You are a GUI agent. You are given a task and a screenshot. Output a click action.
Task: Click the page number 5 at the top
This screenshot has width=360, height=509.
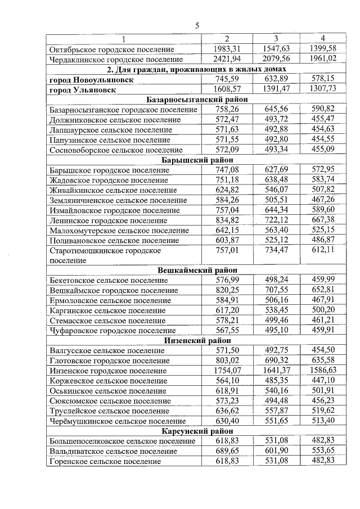[197, 25]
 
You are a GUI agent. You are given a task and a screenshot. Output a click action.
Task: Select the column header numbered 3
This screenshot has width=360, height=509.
[276, 38]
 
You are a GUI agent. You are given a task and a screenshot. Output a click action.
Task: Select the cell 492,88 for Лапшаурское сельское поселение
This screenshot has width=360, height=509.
[276, 129]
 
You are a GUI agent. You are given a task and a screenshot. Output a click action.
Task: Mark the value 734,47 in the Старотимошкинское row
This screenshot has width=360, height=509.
[276, 250]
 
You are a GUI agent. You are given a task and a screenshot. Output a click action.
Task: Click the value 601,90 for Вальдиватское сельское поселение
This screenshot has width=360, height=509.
[276, 451]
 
